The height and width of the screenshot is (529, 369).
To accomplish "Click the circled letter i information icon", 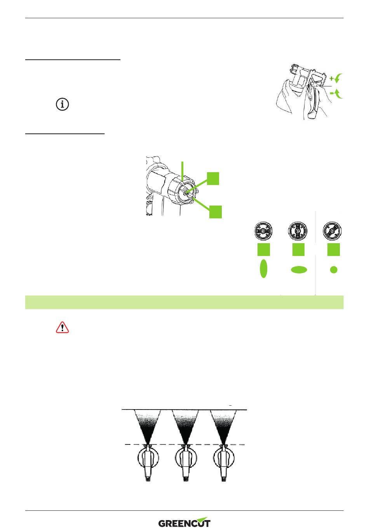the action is (x=62, y=104).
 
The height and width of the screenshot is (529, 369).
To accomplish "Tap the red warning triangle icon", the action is (x=62, y=327).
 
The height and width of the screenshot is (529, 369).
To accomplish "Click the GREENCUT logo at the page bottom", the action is (x=184, y=522).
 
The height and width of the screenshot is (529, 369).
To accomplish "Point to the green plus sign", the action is (x=332, y=78).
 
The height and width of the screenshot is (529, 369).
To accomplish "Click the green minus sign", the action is (x=332, y=93).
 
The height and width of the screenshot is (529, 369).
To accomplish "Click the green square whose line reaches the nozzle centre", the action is (x=213, y=178).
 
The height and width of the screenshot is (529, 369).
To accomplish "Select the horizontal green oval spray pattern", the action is (x=299, y=270).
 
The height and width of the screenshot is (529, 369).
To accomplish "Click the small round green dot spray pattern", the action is (x=334, y=270).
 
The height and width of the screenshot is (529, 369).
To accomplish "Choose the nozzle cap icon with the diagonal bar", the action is (x=332, y=231).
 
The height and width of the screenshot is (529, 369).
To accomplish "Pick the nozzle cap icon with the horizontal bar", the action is (x=263, y=231).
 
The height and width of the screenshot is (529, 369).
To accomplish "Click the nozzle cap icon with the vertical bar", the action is (x=298, y=231).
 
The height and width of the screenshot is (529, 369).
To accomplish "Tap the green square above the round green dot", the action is (x=334, y=249).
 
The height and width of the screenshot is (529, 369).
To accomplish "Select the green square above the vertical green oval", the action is (x=263, y=249).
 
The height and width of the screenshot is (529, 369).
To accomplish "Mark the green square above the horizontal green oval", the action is (x=299, y=249).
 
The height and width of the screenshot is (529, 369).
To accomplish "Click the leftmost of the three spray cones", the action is (x=148, y=426).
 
